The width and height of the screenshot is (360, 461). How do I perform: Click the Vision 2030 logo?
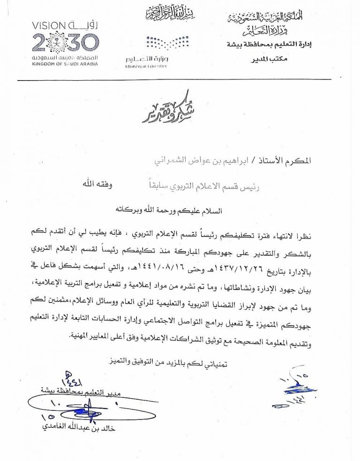(x=65, y=42)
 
